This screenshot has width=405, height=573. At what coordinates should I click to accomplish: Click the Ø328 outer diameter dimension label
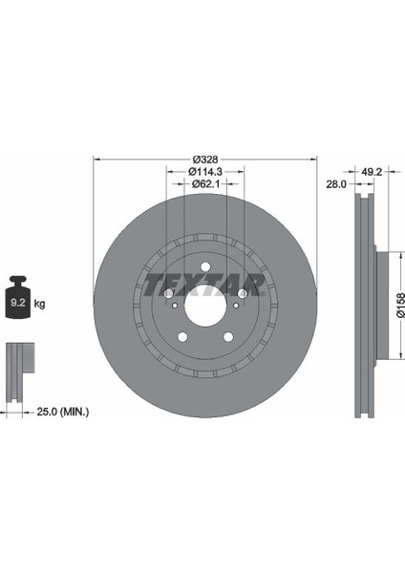[x=205, y=159]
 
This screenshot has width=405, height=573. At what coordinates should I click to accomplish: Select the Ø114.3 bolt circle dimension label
[x=205, y=171]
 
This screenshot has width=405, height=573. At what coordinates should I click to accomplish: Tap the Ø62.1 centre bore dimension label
[x=205, y=183]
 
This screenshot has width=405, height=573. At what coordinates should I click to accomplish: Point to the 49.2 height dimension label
[x=372, y=172]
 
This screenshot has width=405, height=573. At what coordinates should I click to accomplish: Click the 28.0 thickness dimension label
[x=336, y=184]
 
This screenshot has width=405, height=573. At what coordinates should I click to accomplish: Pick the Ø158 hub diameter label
[x=400, y=306]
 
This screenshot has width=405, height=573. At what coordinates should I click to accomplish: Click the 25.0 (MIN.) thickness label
[x=62, y=412]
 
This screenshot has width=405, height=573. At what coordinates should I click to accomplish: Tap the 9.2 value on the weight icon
[x=17, y=303]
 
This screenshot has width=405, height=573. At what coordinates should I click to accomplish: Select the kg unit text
[x=39, y=304]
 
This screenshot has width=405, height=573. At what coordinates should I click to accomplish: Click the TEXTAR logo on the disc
[x=204, y=285]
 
